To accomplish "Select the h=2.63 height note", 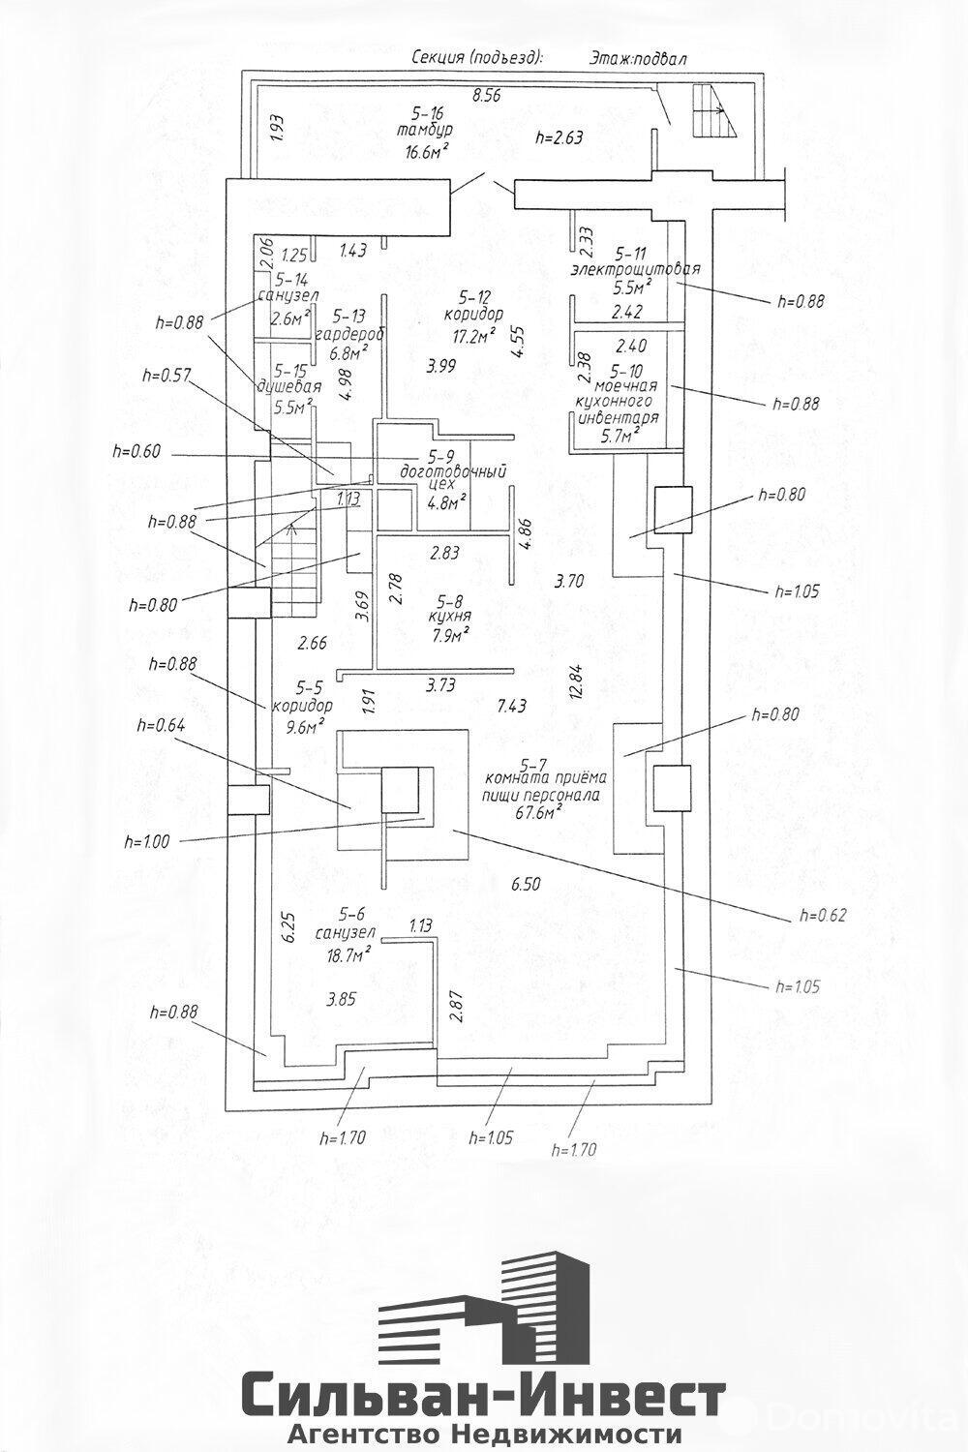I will tap(560, 137).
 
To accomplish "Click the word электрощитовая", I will tap(636, 268).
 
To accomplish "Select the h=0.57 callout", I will tap(166, 376).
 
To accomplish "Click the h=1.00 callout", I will tap(145, 842).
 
